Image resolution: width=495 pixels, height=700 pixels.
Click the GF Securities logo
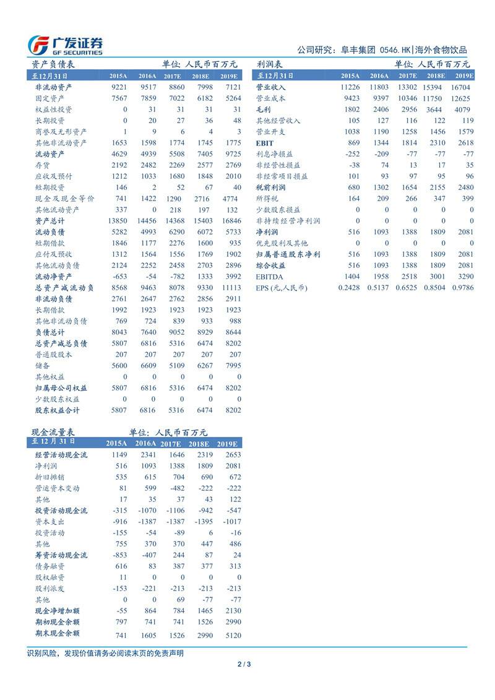[x=66, y=44]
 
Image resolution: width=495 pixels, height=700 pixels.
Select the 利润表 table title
[x=270, y=64]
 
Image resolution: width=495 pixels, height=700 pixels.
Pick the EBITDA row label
[x=269, y=277]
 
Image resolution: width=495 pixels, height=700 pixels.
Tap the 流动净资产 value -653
[x=118, y=276]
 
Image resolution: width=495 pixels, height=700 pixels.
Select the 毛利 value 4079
[x=463, y=109]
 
